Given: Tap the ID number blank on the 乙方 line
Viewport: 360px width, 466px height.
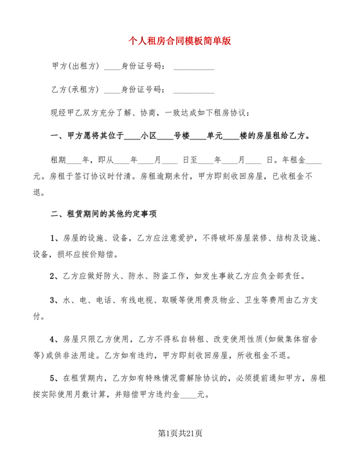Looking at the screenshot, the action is coord(194,90).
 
